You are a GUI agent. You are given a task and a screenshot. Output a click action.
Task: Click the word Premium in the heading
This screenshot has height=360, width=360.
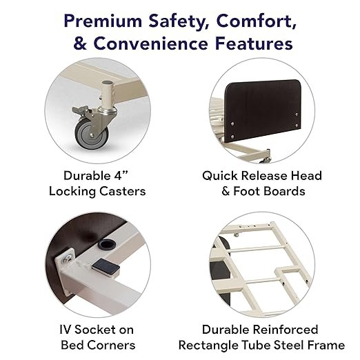[103, 22]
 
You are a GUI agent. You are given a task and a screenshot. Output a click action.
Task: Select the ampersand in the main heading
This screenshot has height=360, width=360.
[80, 43]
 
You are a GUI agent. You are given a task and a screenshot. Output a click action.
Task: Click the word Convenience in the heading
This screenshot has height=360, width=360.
[150, 43]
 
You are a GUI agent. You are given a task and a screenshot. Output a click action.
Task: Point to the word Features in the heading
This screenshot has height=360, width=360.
[254, 43]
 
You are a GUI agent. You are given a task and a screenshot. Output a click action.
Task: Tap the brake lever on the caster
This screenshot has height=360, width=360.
[81, 110]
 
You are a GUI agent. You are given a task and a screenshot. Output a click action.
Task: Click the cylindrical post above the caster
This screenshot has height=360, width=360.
[107, 94]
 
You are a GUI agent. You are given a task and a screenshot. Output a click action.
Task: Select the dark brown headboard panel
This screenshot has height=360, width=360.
[262, 111]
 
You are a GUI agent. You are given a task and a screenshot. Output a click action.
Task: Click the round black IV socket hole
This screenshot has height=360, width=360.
[107, 244]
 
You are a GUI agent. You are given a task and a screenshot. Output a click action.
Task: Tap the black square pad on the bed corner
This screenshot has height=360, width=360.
[106, 266]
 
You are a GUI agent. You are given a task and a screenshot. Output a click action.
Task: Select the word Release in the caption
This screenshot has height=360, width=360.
[264, 176]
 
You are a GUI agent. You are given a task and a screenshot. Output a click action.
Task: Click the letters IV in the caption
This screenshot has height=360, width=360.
[66, 330]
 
